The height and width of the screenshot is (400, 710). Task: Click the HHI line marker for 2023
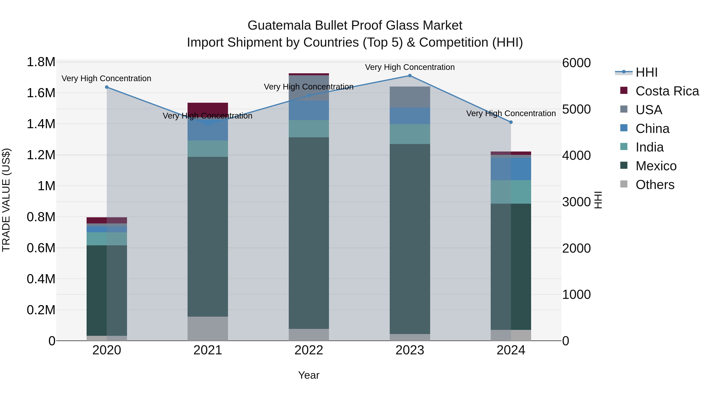click(x=410, y=76)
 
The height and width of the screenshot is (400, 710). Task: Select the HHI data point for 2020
click(x=107, y=87)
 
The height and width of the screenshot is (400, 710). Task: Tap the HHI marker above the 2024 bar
click(x=511, y=122)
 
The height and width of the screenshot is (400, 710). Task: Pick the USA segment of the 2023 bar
click(x=410, y=97)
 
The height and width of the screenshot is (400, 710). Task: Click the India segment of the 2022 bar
click(x=309, y=129)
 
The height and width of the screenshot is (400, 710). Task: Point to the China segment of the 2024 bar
click(x=511, y=169)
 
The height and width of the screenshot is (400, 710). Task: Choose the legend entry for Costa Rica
click(x=667, y=91)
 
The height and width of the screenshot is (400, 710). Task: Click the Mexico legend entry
click(x=656, y=166)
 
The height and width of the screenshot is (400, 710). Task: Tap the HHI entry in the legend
click(x=646, y=72)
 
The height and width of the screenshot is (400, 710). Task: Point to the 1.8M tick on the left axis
click(x=41, y=62)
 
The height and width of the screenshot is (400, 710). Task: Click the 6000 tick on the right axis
click(x=576, y=63)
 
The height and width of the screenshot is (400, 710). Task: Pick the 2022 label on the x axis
click(x=309, y=350)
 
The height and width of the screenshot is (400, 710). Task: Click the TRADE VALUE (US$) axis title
click(x=6, y=200)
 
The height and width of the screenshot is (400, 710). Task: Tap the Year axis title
click(x=309, y=375)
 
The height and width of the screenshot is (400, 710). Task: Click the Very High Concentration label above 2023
click(x=410, y=67)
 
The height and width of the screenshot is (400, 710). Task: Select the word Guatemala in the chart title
click(x=279, y=25)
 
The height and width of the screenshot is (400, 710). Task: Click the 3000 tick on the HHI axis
click(x=576, y=202)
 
